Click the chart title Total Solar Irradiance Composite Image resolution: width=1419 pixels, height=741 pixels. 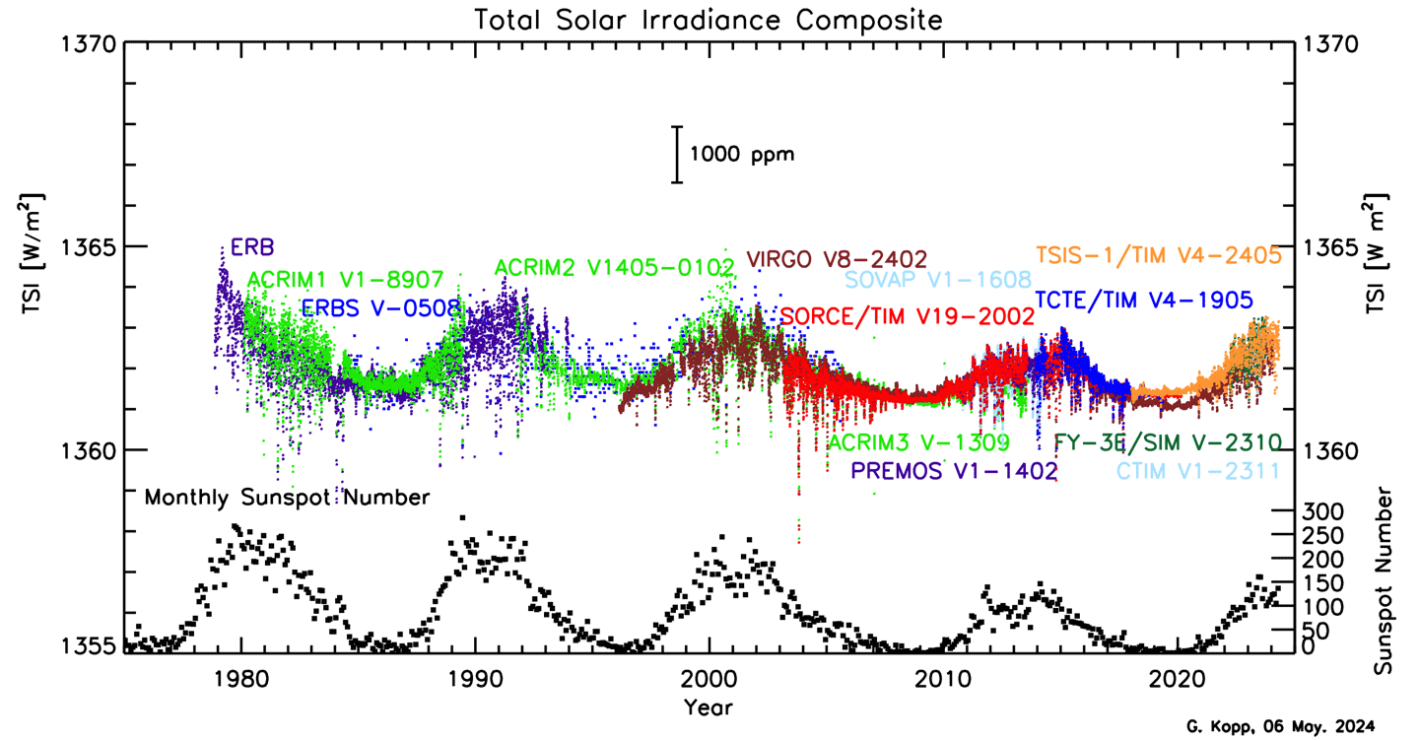[708, 19]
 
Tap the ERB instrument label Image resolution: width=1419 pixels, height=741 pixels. [252, 246]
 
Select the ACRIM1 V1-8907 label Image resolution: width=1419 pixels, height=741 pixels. [345, 280]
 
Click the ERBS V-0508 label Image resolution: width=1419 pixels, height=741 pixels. [381, 307]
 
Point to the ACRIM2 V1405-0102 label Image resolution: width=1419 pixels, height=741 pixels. [614, 268]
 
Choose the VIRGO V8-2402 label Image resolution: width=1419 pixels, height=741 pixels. [837, 259]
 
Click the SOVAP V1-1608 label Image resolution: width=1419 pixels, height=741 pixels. [937, 280]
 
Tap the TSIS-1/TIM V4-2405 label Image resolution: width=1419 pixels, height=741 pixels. [1158, 254]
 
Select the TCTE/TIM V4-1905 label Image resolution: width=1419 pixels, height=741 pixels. [1143, 300]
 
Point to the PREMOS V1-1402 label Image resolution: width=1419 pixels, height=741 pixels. [954, 470]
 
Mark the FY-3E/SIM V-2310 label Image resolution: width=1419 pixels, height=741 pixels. [1167, 441]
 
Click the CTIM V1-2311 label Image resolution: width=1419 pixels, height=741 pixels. [1197, 471]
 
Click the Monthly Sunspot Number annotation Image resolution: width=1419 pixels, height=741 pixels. [287, 498]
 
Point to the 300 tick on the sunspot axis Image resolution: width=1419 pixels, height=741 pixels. [1320, 510]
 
